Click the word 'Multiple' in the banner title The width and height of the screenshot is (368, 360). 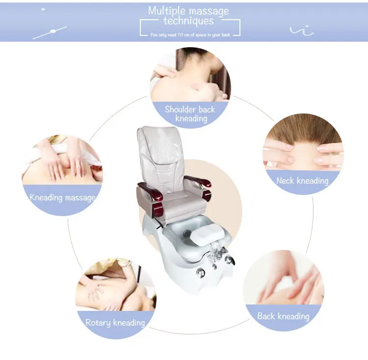click(167, 11)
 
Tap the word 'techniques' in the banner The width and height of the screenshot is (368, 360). click(189, 21)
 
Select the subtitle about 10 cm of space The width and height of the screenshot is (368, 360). click(190, 35)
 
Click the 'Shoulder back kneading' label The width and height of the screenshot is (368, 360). click(190, 114)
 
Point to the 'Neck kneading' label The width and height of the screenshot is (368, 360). click(302, 181)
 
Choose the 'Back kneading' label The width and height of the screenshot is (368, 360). click(283, 316)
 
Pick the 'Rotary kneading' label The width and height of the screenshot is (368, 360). click(115, 323)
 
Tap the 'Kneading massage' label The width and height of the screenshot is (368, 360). click(62, 197)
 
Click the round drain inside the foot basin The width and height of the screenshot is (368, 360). click(187, 233)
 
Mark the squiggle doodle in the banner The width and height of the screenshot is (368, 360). click(302, 31)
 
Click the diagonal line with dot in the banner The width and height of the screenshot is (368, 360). click(50, 33)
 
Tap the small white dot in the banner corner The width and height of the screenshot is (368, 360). click(43, 9)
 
